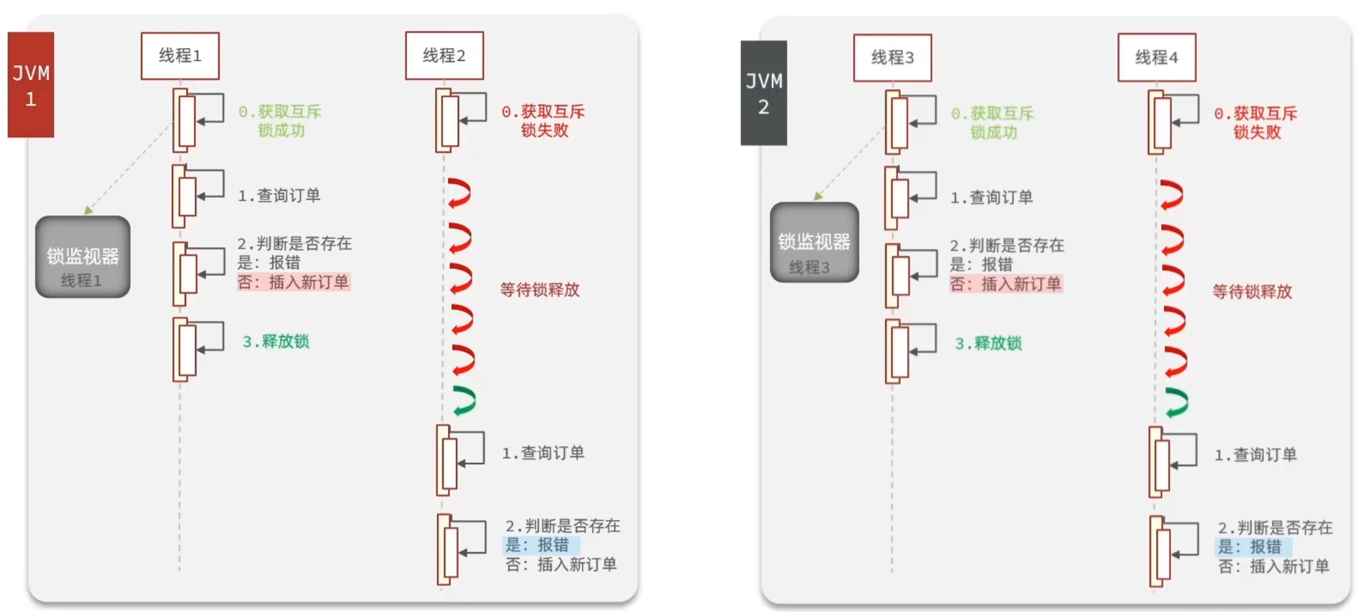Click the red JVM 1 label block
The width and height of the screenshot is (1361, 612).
[31, 85]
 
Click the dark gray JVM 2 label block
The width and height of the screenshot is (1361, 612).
[764, 93]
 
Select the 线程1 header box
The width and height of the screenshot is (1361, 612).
[180, 56]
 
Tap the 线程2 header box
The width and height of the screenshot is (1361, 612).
[444, 56]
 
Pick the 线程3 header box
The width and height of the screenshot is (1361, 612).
[892, 58]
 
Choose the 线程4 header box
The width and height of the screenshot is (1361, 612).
[1156, 58]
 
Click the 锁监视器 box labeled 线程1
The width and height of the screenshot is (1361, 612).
[83, 257]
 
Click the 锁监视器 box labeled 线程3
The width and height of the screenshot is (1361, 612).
[814, 243]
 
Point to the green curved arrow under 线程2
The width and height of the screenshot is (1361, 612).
[464, 400]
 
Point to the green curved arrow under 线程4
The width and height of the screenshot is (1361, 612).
[1176, 403]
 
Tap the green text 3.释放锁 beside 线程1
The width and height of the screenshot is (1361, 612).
[276, 342]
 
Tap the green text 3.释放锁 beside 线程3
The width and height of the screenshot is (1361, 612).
[988, 344]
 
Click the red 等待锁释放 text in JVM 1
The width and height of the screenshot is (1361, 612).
[540, 290]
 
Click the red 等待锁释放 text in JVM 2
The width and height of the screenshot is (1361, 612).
[1252, 292]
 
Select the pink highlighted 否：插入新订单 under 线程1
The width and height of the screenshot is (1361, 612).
[294, 282]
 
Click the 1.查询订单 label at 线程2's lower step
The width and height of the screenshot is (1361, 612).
[543, 453]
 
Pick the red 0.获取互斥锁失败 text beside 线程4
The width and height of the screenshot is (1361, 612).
[1255, 123]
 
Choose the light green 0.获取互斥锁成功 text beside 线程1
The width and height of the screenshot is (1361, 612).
[280, 121]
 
